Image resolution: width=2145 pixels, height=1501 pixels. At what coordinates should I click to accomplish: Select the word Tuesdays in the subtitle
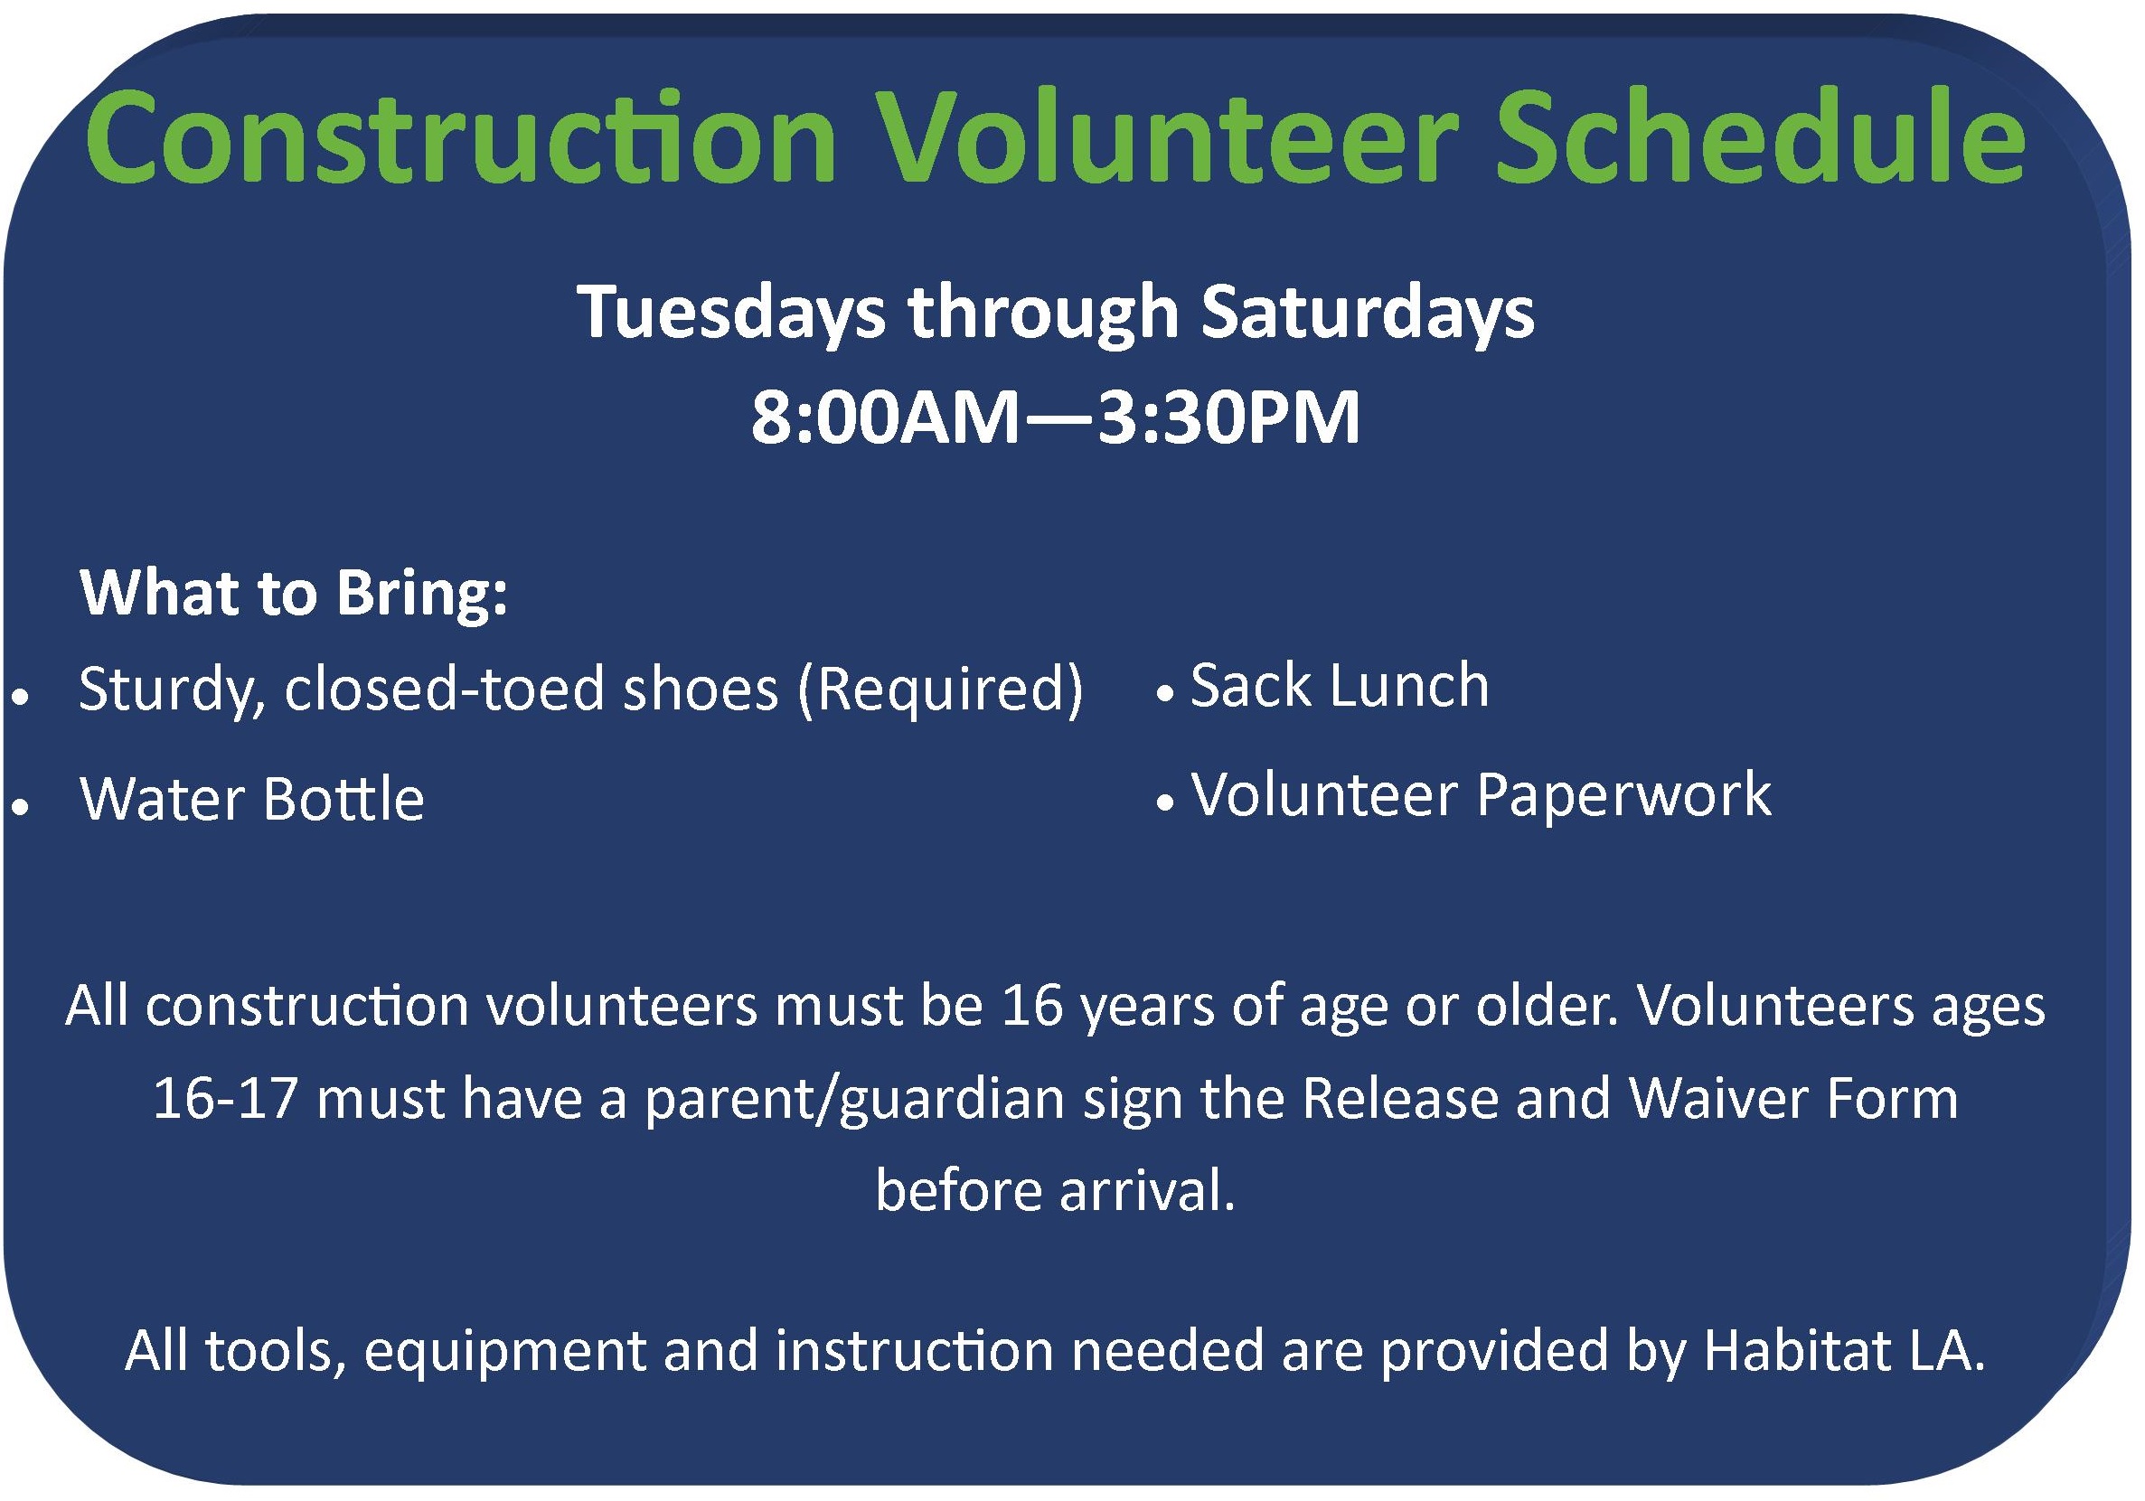[x=731, y=313]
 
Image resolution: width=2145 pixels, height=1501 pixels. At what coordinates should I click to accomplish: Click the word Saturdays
[x=1368, y=313]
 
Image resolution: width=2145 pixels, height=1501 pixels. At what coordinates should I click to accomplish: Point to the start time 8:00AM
[x=886, y=417]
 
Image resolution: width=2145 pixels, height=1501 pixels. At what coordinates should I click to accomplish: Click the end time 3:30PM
[x=1228, y=417]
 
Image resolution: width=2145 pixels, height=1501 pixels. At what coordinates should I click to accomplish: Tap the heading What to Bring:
[x=295, y=593]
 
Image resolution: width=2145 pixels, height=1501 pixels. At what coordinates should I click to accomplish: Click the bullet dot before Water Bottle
[x=21, y=805]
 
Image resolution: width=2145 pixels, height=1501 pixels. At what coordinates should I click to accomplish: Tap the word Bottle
[x=343, y=800]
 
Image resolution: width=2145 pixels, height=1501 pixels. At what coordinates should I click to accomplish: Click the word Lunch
[x=1409, y=687]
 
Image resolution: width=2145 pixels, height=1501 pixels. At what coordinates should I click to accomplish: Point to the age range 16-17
[x=225, y=1100]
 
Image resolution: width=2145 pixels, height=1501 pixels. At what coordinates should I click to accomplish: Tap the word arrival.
[x=1146, y=1191]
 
